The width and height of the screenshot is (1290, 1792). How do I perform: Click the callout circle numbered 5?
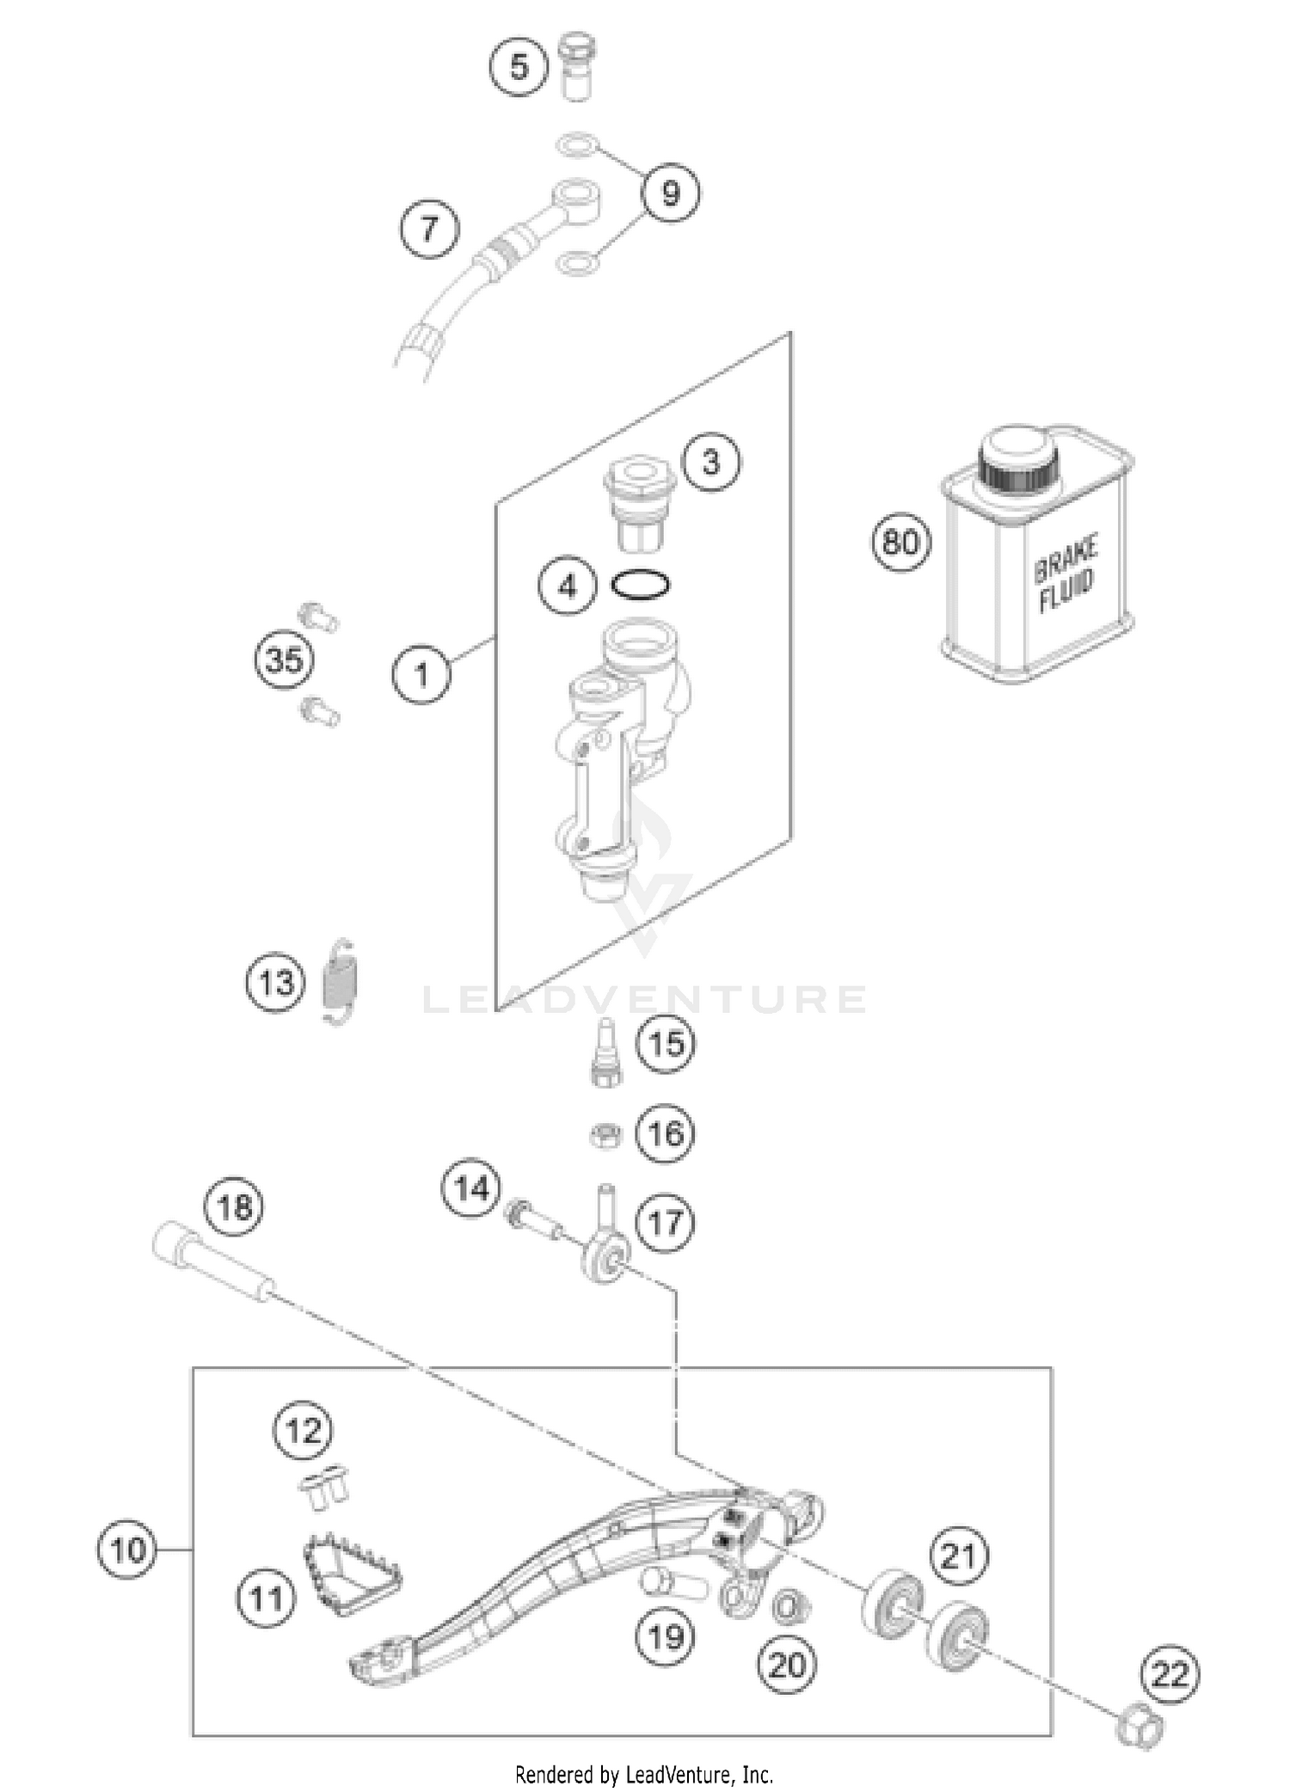point(519,66)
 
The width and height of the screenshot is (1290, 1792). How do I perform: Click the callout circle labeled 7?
point(429,229)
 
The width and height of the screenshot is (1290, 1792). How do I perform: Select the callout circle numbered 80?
point(901,543)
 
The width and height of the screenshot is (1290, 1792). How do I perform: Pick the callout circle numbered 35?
point(284,661)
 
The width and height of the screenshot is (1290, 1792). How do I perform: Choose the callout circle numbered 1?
point(421,674)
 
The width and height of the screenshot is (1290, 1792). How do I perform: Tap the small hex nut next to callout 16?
point(605,1135)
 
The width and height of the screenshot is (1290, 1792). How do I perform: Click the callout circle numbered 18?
point(235,1208)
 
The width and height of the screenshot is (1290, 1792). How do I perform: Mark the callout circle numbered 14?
point(471,1189)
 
